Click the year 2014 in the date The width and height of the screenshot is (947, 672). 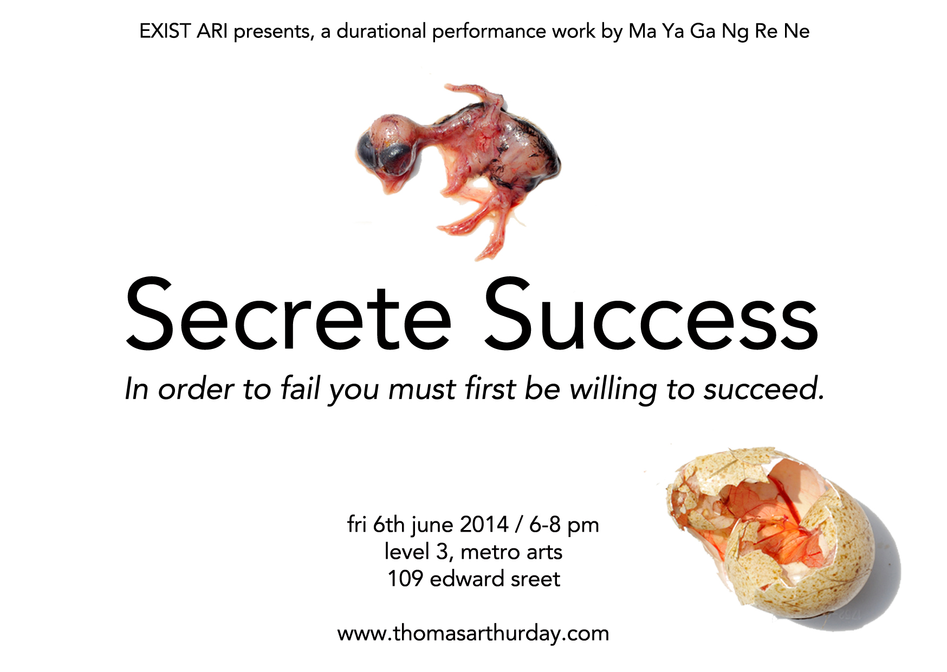(484, 525)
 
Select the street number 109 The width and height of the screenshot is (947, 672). (405, 579)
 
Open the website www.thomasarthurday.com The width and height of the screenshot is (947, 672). (473, 634)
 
